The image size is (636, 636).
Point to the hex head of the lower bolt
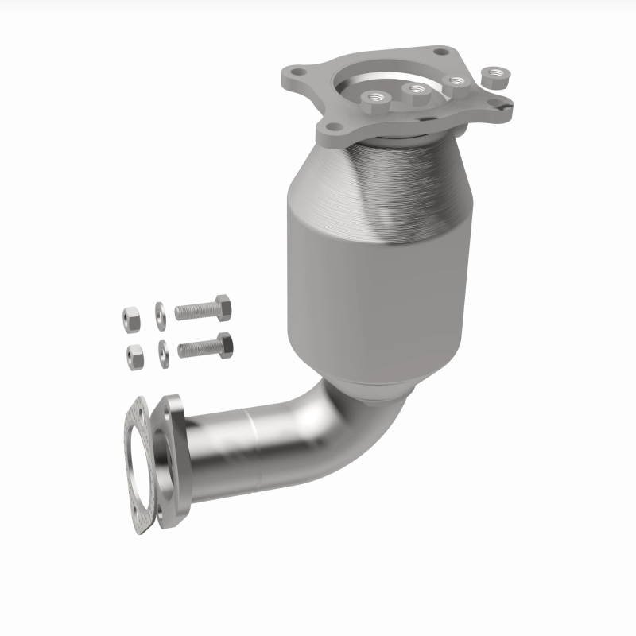pyautogui.click(x=224, y=344)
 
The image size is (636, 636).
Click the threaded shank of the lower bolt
pyautogui.click(x=196, y=347)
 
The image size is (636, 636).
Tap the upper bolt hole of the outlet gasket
pyautogui.click(x=138, y=413)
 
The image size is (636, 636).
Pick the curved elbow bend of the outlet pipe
pyautogui.click(x=350, y=429)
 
